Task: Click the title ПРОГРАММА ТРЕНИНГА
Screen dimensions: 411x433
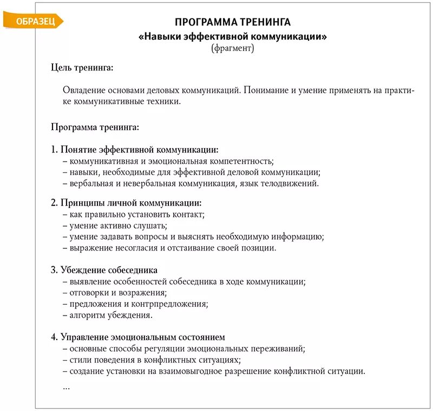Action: [233, 22]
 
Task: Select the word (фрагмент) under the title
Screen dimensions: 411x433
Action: [232, 48]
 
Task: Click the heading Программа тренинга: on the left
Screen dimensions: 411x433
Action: [95, 127]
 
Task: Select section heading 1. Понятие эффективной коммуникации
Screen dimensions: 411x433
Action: [135, 150]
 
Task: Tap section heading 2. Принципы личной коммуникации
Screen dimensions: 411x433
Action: [126, 203]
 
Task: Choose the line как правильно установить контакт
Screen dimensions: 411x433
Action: [134, 215]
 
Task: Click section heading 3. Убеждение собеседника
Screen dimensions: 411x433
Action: [104, 270]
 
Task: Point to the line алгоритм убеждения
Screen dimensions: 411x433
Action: [107, 315]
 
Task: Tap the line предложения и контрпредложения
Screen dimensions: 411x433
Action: [135, 304]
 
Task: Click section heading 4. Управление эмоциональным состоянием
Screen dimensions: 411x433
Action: [138, 337]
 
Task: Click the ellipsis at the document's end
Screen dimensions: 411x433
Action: [66, 387]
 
